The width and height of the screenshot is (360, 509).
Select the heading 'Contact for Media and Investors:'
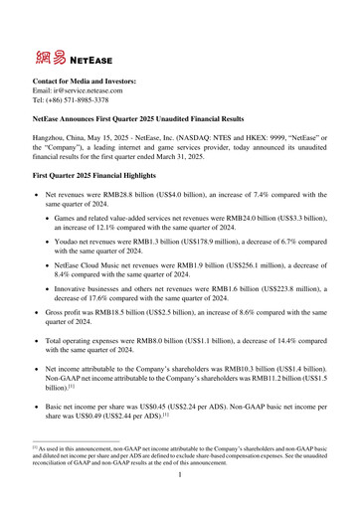click(84, 80)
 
